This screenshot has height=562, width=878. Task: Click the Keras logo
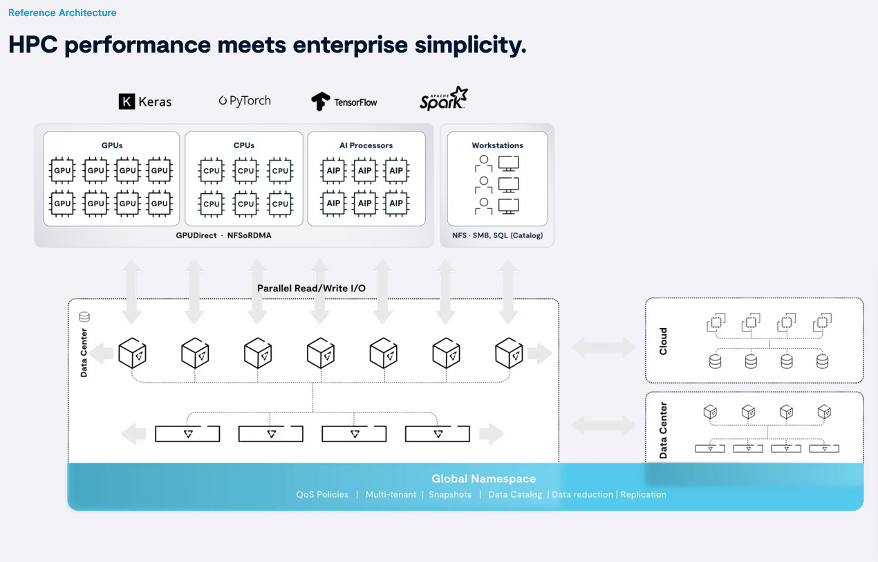pyautogui.click(x=145, y=102)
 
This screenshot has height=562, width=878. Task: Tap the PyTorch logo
pyautogui.click(x=245, y=101)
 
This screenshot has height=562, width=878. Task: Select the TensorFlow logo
pyautogui.click(x=344, y=102)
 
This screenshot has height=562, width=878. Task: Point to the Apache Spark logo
pyautogui.click(x=443, y=98)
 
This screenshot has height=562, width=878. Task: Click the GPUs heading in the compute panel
pyautogui.click(x=111, y=145)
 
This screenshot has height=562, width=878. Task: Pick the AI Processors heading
pyautogui.click(x=366, y=145)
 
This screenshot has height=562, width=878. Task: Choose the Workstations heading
pyautogui.click(x=497, y=145)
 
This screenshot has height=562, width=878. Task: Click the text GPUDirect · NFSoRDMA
pyautogui.click(x=224, y=235)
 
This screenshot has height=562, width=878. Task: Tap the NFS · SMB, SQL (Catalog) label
pyautogui.click(x=497, y=235)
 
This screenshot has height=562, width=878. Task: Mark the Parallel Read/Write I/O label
pyautogui.click(x=311, y=288)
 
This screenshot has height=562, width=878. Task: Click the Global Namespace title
pyautogui.click(x=483, y=478)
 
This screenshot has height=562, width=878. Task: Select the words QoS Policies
pyautogui.click(x=322, y=495)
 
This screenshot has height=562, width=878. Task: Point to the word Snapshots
pyautogui.click(x=450, y=495)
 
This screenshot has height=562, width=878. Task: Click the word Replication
pyautogui.click(x=643, y=495)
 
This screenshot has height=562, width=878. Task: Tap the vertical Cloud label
pyautogui.click(x=664, y=341)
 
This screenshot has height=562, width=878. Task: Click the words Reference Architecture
pyautogui.click(x=62, y=12)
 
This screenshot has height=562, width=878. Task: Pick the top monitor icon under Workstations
pyautogui.click(x=509, y=163)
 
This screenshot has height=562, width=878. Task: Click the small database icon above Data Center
pyautogui.click(x=84, y=317)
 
